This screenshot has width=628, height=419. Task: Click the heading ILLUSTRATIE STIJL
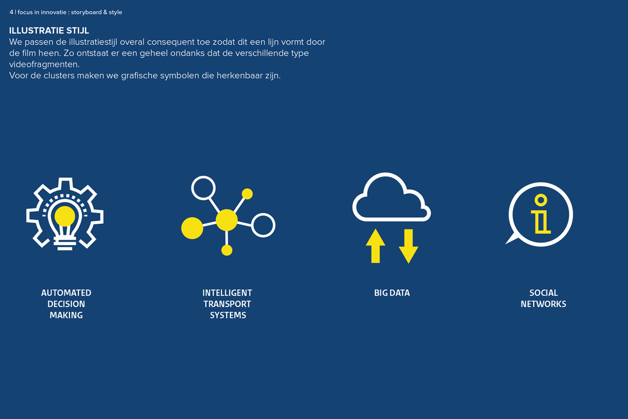click(x=49, y=31)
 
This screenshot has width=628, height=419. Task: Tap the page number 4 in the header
click(x=11, y=12)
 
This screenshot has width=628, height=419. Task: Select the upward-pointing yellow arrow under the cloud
click(x=376, y=246)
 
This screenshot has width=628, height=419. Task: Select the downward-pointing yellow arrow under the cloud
click(x=409, y=246)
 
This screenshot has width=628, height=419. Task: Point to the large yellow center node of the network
click(x=226, y=220)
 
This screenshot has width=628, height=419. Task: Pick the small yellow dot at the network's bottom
click(x=227, y=250)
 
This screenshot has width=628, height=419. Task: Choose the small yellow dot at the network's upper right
click(x=247, y=194)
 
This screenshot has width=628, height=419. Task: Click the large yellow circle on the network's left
click(x=192, y=228)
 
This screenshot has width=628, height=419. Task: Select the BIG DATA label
click(x=392, y=293)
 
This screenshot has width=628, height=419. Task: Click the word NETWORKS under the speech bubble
click(x=543, y=304)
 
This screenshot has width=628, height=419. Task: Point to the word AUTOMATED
click(x=66, y=293)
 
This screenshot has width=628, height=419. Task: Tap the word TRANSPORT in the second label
click(x=227, y=304)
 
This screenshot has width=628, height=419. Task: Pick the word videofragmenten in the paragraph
click(x=44, y=65)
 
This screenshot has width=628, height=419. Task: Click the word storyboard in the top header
click(x=86, y=12)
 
